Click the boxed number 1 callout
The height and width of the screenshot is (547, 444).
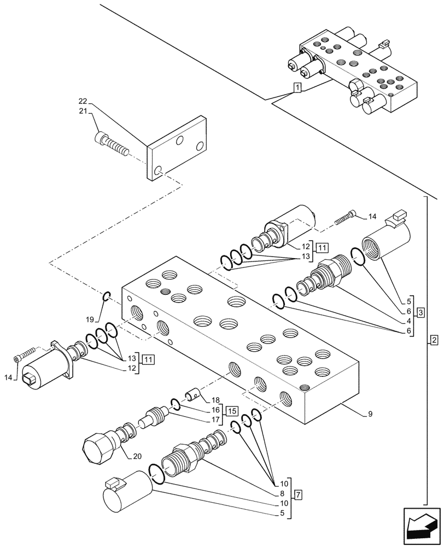296,88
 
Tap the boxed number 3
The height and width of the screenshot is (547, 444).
420,312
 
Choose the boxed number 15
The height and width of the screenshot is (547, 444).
231,410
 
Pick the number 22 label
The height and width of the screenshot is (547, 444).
83,101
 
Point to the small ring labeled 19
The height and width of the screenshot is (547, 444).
107,297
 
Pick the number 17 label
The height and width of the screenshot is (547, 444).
215,420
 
